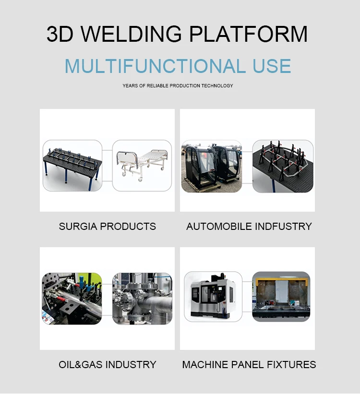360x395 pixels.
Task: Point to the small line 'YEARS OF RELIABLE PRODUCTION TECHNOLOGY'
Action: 178,86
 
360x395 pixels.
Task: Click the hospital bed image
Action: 142,165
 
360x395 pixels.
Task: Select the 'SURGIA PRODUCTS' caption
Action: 107,226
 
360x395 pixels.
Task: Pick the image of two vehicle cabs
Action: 211,167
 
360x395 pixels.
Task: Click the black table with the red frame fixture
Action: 283,167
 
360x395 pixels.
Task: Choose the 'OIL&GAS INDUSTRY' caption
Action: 107,365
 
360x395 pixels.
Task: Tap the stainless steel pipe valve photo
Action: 142,299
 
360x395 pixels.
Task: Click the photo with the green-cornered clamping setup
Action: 72,299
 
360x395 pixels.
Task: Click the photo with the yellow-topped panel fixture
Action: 281,296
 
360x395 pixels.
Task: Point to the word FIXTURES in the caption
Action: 292,365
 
